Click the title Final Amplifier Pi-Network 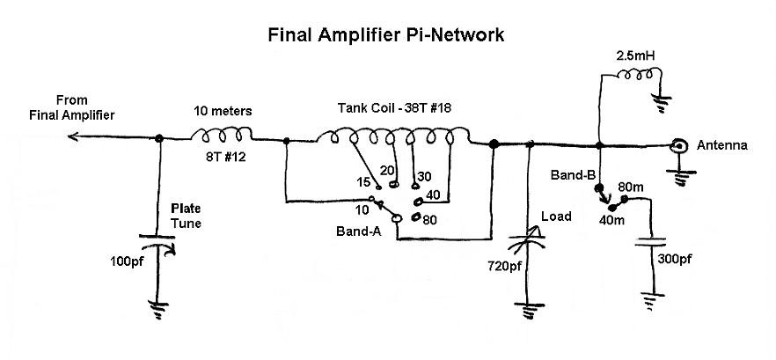point(385,36)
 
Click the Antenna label point(721,145)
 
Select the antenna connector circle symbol point(678,147)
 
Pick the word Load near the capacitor point(557,217)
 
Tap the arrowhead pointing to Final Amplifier point(72,137)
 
